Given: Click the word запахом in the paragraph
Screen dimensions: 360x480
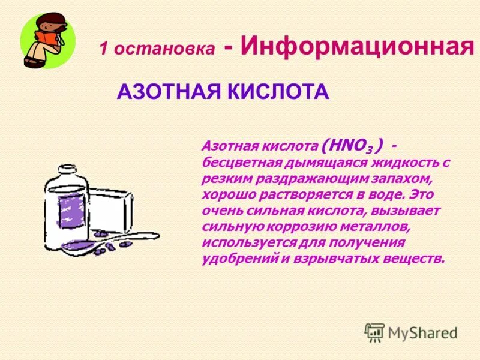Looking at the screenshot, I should point(398,179).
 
